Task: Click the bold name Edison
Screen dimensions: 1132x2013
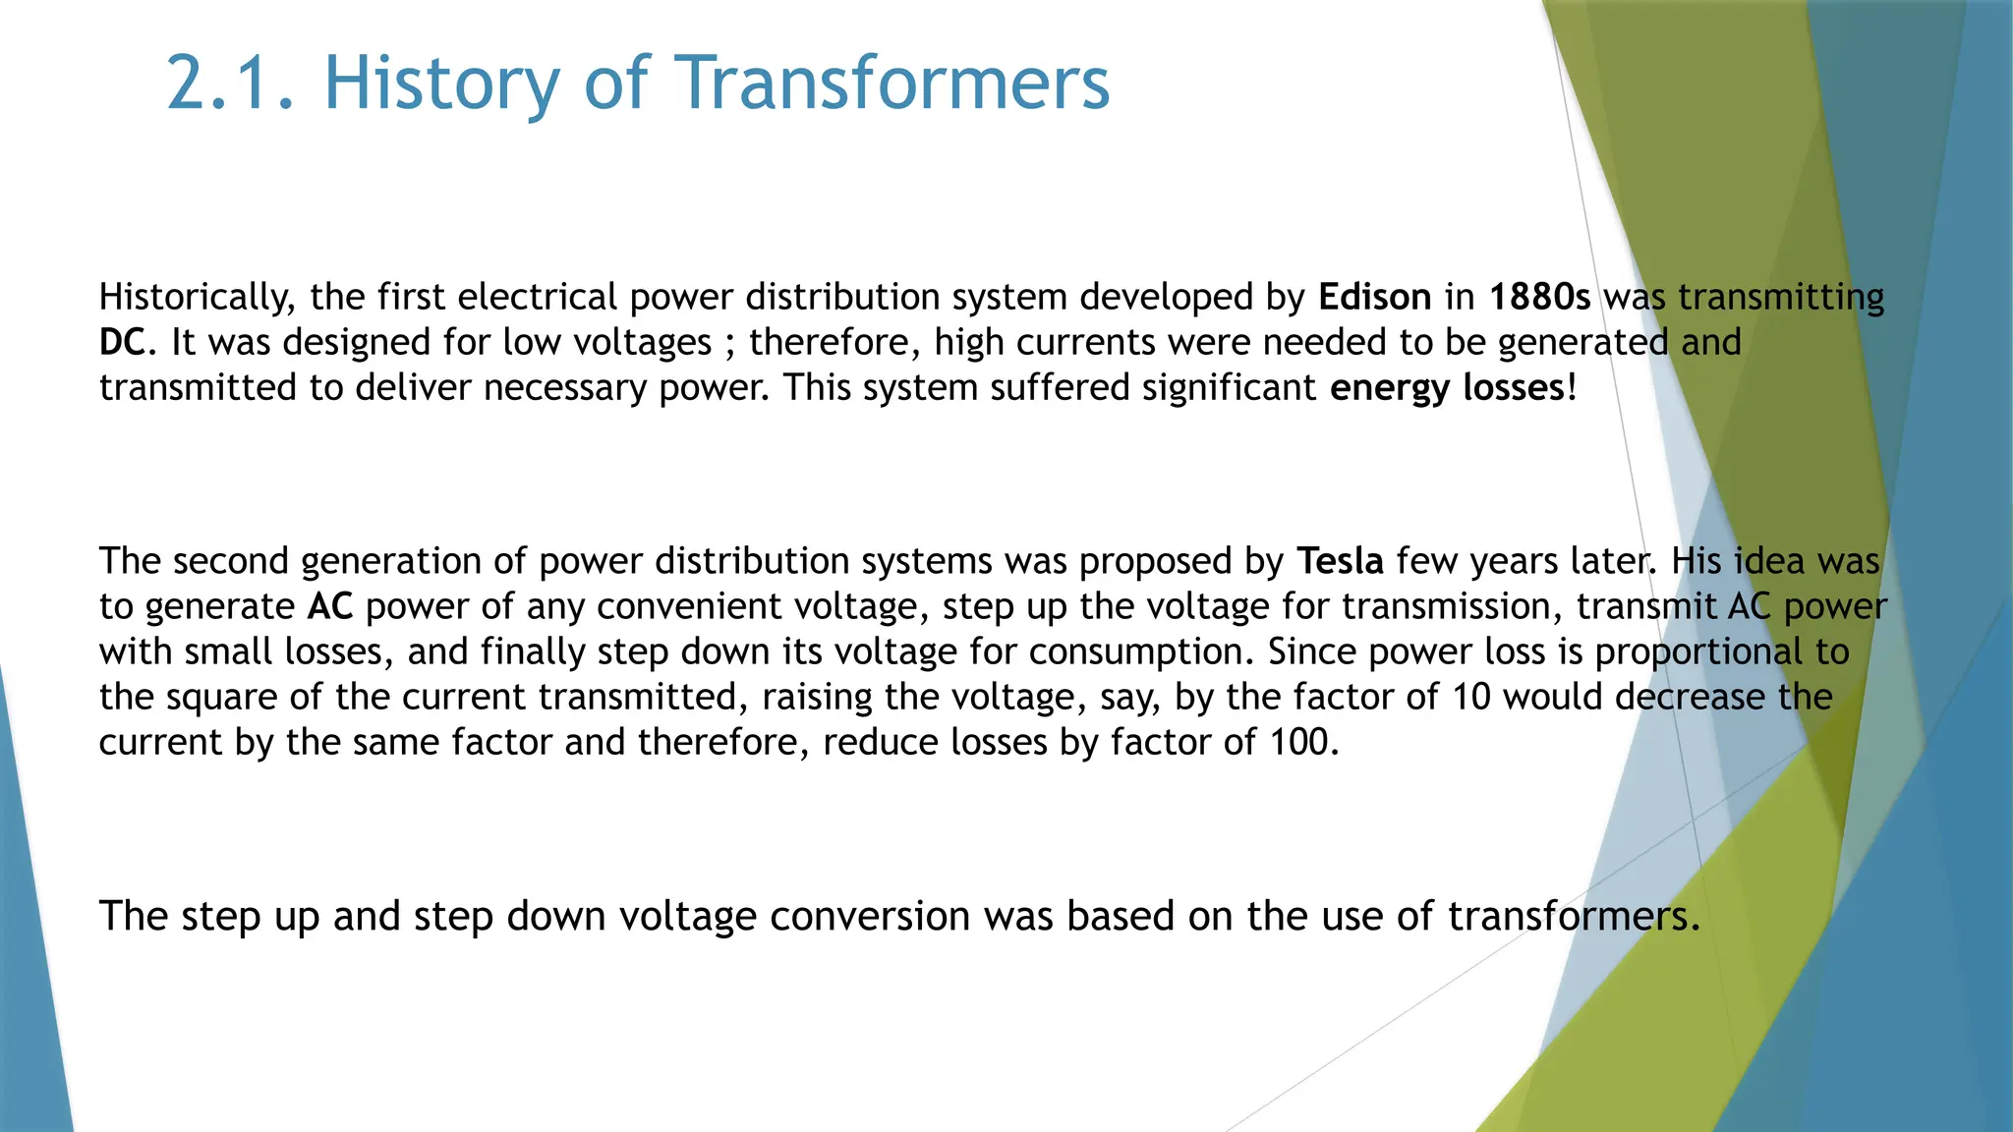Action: click(x=1374, y=297)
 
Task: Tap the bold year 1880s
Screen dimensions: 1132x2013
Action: click(x=1539, y=297)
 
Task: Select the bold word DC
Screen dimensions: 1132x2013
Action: click(x=122, y=342)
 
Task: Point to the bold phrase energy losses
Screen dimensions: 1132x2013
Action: click(x=1447, y=387)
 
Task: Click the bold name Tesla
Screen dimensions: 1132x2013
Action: click(x=1341, y=561)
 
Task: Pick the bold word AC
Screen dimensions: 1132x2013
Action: click(x=329, y=606)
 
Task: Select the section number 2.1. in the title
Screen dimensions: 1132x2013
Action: click(x=230, y=83)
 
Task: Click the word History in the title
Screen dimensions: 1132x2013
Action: click(x=440, y=83)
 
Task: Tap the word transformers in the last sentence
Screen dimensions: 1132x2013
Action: click(x=1573, y=916)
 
